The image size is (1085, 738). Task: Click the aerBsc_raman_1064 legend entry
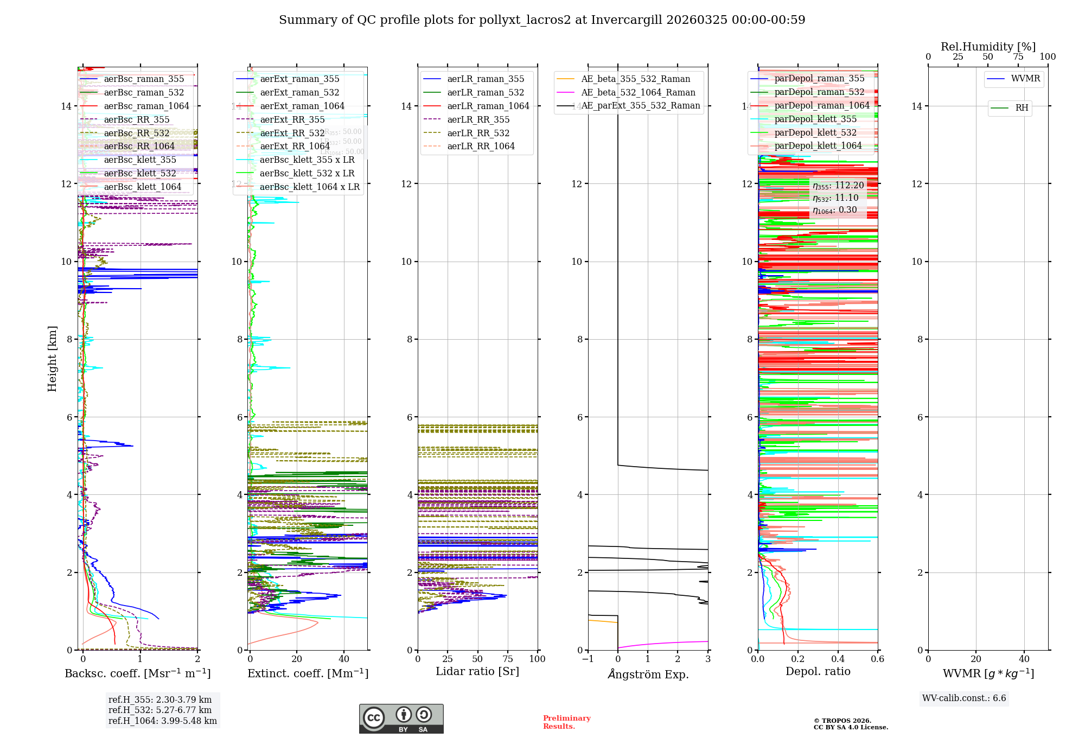click(x=146, y=106)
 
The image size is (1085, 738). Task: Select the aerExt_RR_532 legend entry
click(x=292, y=133)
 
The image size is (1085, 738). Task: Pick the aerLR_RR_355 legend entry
click(x=478, y=119)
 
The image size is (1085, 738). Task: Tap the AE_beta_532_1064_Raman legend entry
click(x=638, y=92)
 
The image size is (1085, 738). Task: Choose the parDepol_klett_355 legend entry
click(x=815, y=119)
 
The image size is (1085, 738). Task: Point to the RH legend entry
click(x=1022, y=108)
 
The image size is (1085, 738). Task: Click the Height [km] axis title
click(x=52, y=358)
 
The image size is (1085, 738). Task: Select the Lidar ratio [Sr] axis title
click(x=477, y=671)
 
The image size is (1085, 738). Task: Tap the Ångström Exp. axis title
click(x=648, y=674)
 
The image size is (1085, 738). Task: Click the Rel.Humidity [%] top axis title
click(x=988, y=47)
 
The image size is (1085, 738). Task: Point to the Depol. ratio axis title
click(x=818, y=671)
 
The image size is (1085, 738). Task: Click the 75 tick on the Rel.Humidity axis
click(x=1018, y=57)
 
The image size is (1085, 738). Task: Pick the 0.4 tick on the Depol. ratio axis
click(x=838, y=659)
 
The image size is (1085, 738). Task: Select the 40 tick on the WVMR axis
click(x=1024, y=659)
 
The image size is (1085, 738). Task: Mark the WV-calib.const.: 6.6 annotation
click(x=964, y=698)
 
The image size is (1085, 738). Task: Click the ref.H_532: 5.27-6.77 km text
click(x=159, y=710)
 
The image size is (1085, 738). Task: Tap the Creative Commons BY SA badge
click(x=401, y=718)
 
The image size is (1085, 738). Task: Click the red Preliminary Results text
click(x=566, y=722)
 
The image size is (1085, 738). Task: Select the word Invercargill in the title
click(x=627, y=20)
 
